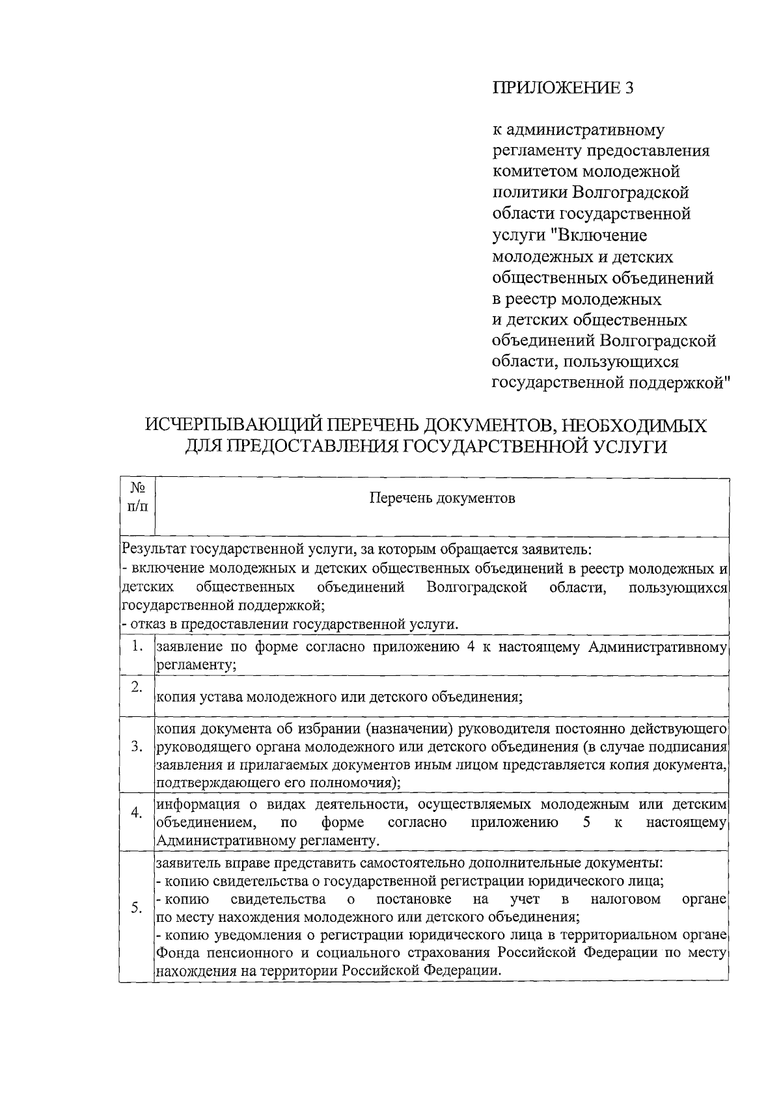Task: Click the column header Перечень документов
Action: pos(442,498)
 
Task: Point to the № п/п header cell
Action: pos(137,497)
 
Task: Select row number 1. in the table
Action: pos(137,646)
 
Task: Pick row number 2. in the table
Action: pos(137,688)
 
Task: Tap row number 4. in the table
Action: pos(137,814)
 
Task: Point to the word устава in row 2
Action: pos(221,697)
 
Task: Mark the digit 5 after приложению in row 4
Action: pos(586,822)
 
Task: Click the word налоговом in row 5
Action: pos(625,900)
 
